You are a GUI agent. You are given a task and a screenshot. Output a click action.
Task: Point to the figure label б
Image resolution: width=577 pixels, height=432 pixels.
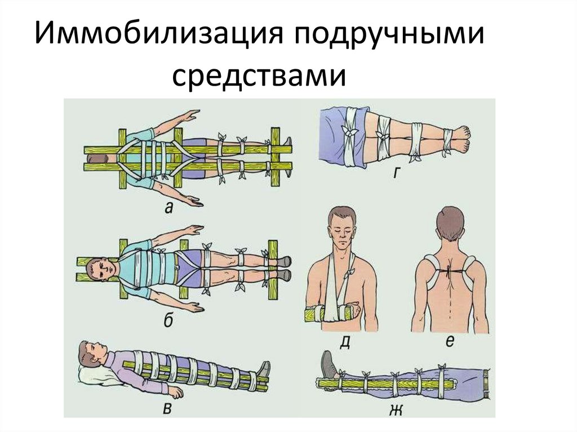(x=168, y=322)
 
